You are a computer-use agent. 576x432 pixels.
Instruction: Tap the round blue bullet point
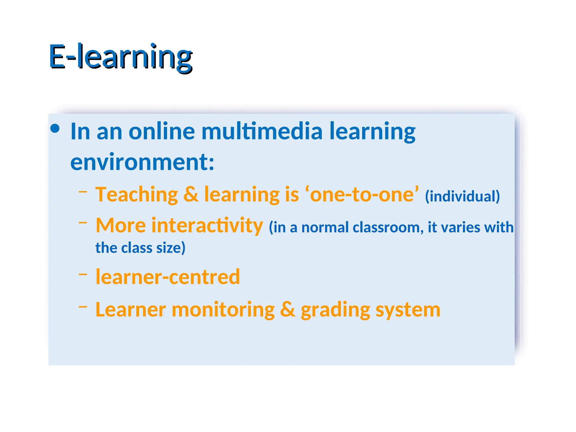pyautogui.click(x=55, y=129)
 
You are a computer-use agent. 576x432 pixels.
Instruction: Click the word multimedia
pyautogui.click(x=262, y=131)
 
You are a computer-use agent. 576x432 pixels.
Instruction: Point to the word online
pyautogui.click(x=161, y=131)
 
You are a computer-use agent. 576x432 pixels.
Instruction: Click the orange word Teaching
pyautogui.click(x=137, y=195)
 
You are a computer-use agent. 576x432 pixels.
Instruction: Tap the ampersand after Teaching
pyautogui.click(x=191, y=195)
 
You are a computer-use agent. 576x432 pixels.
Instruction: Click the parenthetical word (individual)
pyautogui.click(x=462, y=196)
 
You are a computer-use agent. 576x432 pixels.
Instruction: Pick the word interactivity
pyautogui.click(x=207, y=226)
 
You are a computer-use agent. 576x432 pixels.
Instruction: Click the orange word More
pyautogui.click(x=121, y=226)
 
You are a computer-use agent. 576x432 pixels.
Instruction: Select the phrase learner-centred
pyautogui.click(x=168, y=277)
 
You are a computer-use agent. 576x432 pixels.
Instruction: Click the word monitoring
pyautogui.click(x=223, y=309)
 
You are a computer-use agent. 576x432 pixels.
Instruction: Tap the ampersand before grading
pyautogui.click(x=287, y=309)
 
